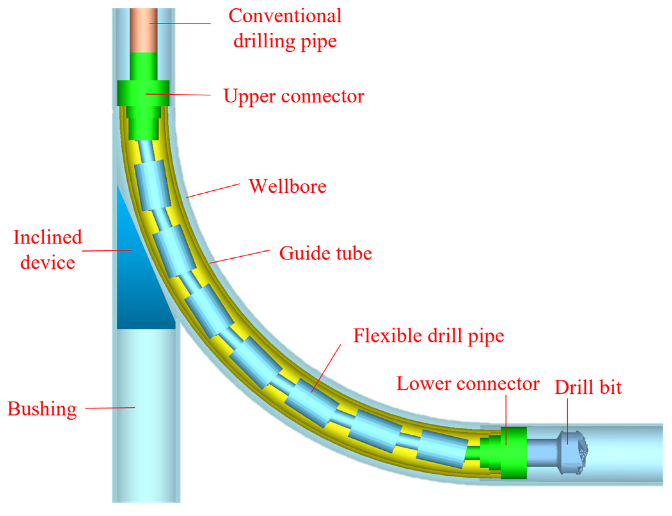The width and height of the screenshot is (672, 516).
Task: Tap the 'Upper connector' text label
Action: coord(294,96)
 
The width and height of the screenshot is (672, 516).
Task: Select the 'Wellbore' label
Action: coord(288,186)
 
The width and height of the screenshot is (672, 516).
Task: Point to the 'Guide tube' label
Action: coord(325,253)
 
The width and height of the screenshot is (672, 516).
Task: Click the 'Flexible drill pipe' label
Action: coord(428,336)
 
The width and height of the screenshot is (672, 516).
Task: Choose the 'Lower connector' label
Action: coord(468,383)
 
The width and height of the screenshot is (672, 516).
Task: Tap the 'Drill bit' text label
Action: coord(588,387)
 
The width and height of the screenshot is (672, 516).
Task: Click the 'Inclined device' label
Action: coord(48,250)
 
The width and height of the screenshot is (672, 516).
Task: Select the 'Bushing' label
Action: coord(42,409)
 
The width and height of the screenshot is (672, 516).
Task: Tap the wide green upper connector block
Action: coord(143,93)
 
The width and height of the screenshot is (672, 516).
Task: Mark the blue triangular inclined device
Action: coord(138,288)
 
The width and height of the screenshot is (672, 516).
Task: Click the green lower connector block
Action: coord(513,453)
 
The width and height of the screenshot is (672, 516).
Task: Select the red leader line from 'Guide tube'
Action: coord(240,256)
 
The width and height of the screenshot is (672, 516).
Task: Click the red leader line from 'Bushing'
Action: coord(110,408)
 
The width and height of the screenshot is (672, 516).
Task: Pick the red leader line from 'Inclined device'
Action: coord(107,250)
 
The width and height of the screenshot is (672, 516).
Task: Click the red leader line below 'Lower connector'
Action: coord(506,419)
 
